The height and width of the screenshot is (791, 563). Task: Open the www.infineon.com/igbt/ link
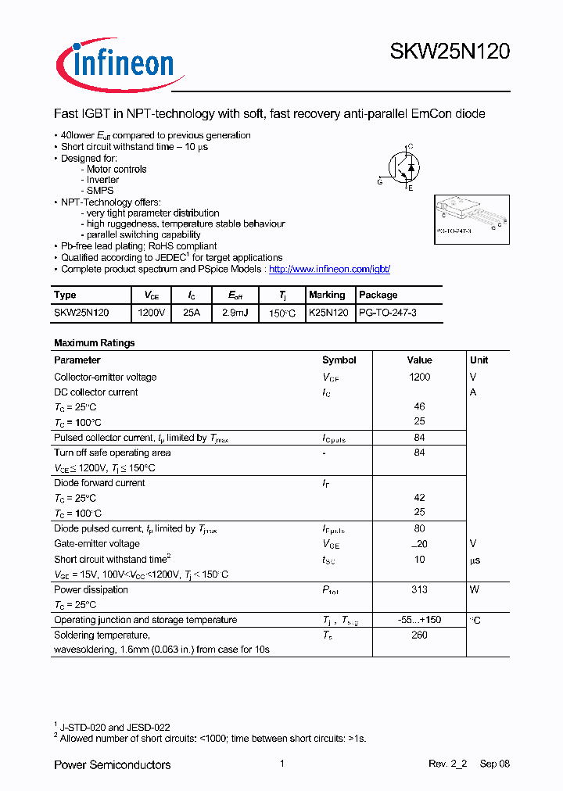(x=329, y=269)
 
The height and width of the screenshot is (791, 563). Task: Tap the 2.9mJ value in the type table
(x=235, y=312)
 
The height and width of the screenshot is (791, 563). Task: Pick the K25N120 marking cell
(x=328, y=312)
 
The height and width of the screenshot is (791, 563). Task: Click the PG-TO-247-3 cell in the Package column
(x=387, y=312)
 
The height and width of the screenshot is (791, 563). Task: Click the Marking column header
(x=327, y=295)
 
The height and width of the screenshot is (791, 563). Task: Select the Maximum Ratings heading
(x=94, y=343)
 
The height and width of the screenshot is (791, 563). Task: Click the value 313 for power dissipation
(x=419, y=590)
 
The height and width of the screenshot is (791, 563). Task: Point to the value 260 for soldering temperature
(x=419, y=635)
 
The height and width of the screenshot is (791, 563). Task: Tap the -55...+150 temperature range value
(x=419, y=620)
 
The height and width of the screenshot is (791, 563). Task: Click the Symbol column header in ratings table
(x=339, y=360)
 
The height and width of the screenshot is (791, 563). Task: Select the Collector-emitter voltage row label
(x=105, y=377)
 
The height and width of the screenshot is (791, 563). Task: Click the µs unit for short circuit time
(x=475, y=560)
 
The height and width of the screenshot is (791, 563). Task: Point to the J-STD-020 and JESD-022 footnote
(x=115, y=727)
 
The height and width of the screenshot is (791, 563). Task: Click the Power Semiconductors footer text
(x=112, y=764)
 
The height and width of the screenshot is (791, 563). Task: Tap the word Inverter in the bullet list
(x=102, y=180)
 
